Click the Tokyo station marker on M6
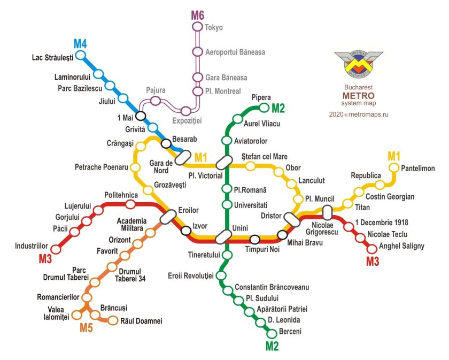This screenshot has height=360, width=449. [x=198, y=27]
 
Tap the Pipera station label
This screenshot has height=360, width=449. [x=261, y=97]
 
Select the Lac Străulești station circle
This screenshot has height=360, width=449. [x=81, y=55]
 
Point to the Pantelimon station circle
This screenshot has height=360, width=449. [x=394, y=168]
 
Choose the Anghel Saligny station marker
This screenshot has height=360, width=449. [x=372, y=247]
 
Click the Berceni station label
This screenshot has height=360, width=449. [x=290, y=332]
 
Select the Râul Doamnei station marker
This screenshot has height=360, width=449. [x=113, y=320]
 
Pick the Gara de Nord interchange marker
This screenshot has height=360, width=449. [x=182, y=157]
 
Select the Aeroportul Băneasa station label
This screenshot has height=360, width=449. [x=235, y=52]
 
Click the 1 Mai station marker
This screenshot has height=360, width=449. [x=141, y=116]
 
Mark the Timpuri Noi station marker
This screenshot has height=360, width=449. [x=255, y=239]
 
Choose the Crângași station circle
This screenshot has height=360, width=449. [x=141, y=146]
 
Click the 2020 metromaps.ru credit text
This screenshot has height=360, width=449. [x=358, y=114]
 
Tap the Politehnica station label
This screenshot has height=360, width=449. [x=121, y=195]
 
